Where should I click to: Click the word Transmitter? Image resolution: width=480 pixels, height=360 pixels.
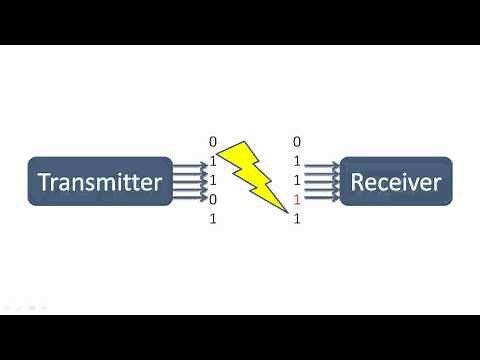pos(99,182)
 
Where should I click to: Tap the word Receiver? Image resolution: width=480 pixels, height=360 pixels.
pos(395,182)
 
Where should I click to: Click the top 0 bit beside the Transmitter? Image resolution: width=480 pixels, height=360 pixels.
pos(213,142)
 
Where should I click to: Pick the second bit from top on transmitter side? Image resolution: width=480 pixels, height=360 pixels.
pos(213,161)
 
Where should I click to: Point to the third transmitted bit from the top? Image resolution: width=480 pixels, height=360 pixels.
pos(213,180)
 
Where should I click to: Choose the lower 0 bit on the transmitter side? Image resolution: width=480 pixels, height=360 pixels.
pos(213,199)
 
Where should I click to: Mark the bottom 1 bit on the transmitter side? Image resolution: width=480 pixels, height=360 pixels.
pos(213,218)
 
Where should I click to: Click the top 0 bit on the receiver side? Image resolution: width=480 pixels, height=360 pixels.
pos(297,142)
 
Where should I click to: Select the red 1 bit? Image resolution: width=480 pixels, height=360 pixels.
pos(297,200)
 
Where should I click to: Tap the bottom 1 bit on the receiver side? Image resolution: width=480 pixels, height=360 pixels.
pos(297,218)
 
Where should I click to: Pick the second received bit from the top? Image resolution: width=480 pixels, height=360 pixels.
pos(297,161)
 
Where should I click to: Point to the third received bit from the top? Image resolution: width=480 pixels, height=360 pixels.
pos(297,180)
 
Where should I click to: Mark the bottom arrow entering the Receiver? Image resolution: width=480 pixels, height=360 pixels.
pos(323,198)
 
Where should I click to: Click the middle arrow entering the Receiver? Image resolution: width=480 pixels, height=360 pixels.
pos(323,182)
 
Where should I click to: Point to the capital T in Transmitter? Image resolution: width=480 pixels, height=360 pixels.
pos(44,182)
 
